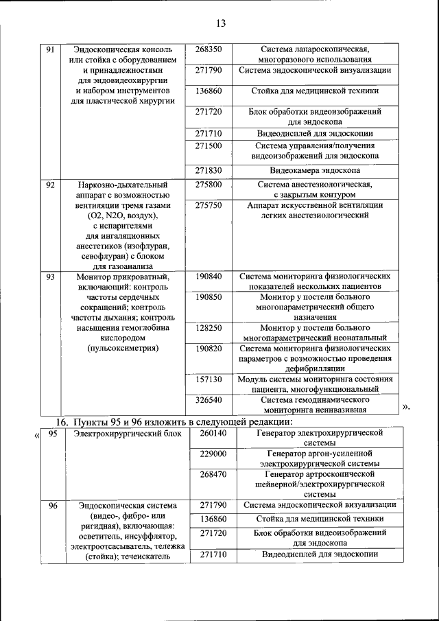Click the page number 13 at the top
pos(220,23)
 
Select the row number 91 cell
pos(49,51)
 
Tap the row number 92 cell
pos(49,185)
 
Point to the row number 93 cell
pos(49,277)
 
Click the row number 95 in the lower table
pos(53,434)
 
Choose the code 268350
pos(209,51)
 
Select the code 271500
pos(209,146)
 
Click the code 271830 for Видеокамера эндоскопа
pos(209,170)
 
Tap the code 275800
pos(209,185)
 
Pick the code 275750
pos(209,205)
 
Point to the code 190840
pos(209,277)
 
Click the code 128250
pos(209,328)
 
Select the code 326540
pos(209,399)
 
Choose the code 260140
pos(213,434)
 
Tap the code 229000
pos(213,454)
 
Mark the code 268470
pos(213,474)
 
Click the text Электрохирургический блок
pos(121,434)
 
